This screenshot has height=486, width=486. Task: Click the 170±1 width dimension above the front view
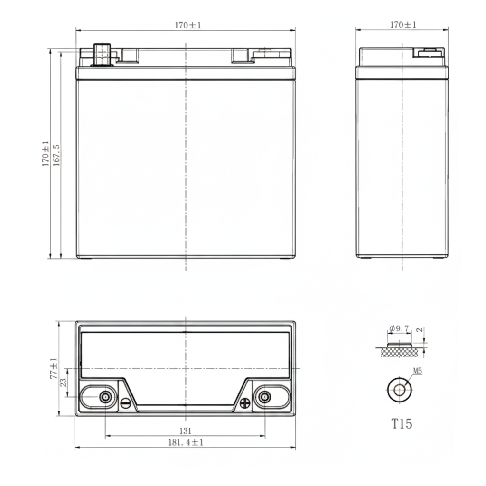188,26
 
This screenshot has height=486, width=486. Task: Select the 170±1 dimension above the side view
403,25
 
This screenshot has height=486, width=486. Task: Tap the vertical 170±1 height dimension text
46,153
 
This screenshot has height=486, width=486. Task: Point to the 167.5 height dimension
56,155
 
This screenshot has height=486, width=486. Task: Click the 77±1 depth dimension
54,368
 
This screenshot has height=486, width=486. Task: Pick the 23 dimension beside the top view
63,382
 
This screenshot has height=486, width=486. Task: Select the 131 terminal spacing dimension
186,431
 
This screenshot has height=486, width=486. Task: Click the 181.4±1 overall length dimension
186,442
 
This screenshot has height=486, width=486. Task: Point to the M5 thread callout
418,371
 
